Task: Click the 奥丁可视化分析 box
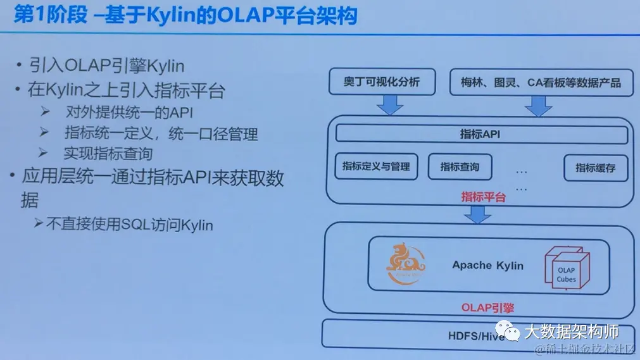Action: point(381,82)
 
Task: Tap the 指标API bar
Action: point(480,134)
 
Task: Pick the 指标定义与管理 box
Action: point(376,166)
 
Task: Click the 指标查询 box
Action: point(460,167)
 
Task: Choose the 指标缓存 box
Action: point(595,168)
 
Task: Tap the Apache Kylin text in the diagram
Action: point(487,265)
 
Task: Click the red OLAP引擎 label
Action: point(487,308)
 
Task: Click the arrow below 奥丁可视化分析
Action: point(390,105)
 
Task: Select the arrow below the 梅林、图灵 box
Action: point(539,106)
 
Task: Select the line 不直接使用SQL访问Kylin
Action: point(130,224)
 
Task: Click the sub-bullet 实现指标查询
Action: point(108,153)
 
